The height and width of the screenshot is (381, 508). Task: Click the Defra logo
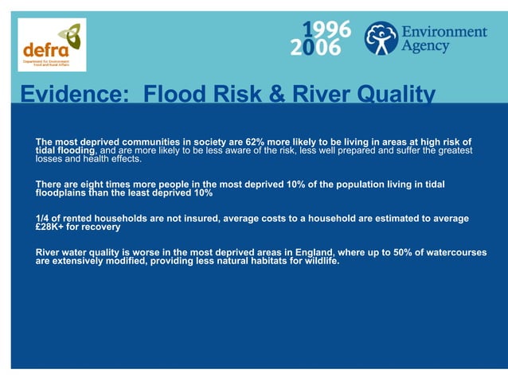(x=51, y=45)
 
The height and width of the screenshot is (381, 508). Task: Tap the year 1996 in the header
(x=326, y=29)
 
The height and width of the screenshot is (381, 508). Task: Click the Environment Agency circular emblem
(x=381, y=37)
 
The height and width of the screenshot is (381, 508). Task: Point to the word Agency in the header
(x=425, y=46)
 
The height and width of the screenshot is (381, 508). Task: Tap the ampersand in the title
(x=278, y=96)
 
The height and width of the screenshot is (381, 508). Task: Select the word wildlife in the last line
(x=319, y=261)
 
